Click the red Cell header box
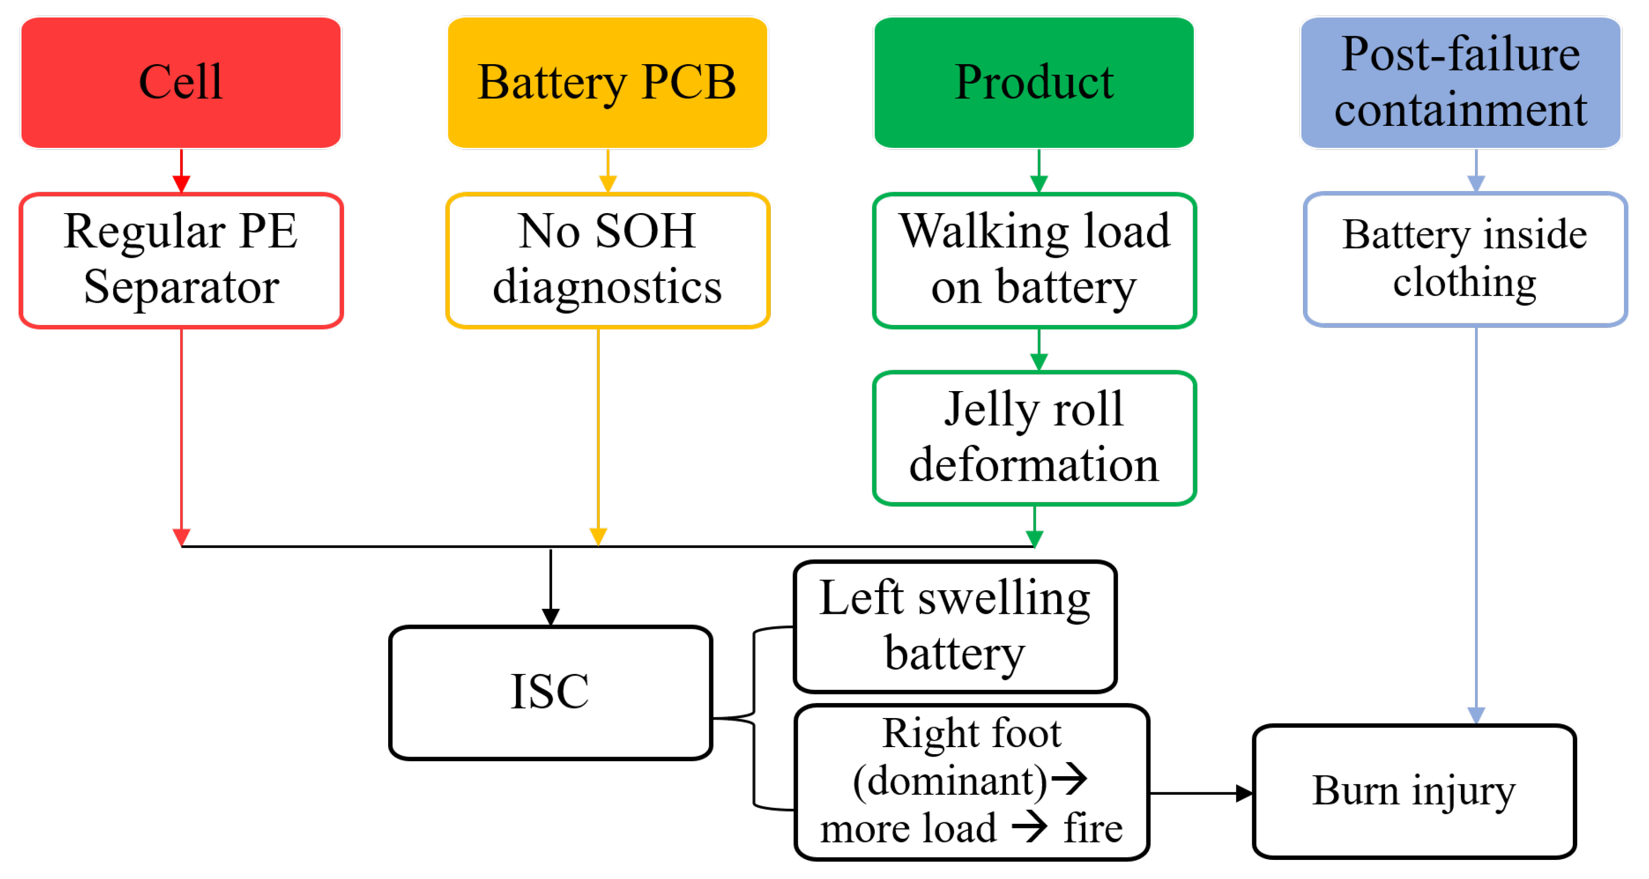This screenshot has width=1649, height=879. (181, 83)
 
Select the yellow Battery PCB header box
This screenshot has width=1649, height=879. (607, 83)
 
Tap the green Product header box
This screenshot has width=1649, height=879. (1033, 83)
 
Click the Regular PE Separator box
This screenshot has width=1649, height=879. (181, 260)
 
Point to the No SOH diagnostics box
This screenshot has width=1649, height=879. (607, 260)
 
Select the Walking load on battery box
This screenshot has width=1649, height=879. (1034, 260)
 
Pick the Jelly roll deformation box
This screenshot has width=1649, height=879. (1034, 437)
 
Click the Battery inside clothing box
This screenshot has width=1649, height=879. (1464, 259)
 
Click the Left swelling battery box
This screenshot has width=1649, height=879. (954, 626)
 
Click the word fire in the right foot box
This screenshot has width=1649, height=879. (1092, 828)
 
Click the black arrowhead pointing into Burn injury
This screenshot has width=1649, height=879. (1243, 793)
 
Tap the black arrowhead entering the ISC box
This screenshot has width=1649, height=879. (551, 617)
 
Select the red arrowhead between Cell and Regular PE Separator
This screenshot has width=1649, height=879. (181, 184)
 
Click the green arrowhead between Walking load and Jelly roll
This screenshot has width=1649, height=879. (1038, 362)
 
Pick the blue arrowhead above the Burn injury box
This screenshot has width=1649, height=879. (1475, 715)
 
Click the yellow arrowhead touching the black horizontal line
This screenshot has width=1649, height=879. (598, 537)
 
